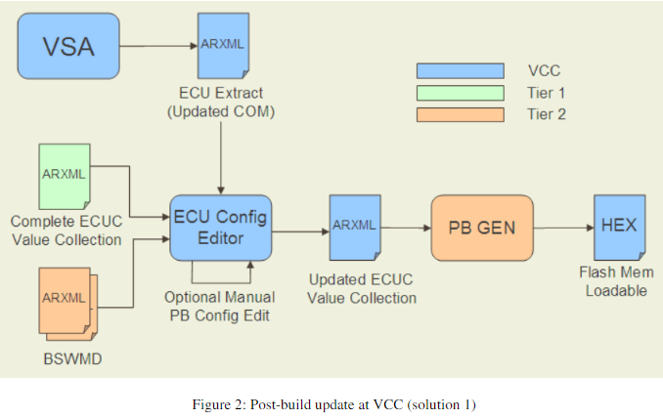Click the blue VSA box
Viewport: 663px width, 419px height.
pyautogui.click(x=67, y=46)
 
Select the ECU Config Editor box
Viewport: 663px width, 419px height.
pyautogui.click(x=219, y=227)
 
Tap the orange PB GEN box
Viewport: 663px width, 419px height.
pyautogui.click(x=482, y=227)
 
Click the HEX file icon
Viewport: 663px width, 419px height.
pyautogui.click(x=617, y=227)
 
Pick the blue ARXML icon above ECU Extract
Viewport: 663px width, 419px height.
pyautogui.click(x=222, y=46)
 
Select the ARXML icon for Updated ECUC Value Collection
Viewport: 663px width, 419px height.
pyautogui.click(x=355, y=227)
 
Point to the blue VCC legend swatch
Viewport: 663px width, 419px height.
pyautogui.click(x=460, y=70)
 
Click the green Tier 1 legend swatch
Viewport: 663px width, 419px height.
pyautogui.click(x=460, y=93)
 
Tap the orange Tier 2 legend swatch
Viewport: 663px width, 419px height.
pyautogui.click(x=460, y=114)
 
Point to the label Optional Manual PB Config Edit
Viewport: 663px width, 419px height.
pyautogui.click(x=219, y=305)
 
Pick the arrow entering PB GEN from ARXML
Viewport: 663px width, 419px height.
pyautogui.click(x=406, y=227)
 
